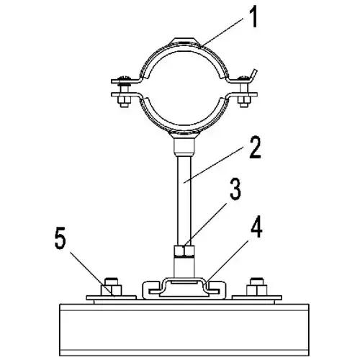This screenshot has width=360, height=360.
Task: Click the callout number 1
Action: pyautogui.click(x=253, y=17)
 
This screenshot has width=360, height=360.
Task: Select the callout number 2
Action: pyautogui.click(x=255, y=147)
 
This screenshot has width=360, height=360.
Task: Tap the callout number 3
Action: pyautogui.click(x=235, y=189)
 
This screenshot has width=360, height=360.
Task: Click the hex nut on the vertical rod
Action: pyautogui.click(x=184, y=251)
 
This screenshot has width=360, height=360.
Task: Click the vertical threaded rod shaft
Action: pyautogui.click(x=184, y=200)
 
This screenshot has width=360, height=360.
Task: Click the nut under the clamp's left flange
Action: pyautogui.click(x=124, y=102)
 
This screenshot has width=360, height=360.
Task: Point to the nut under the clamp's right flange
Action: pyautogui.click(x=244, y=102)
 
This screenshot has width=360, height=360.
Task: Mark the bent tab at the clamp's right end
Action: pyautogui.click(x=253, y=75)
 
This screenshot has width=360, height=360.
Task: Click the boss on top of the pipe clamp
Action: pyautogui.click(x=184, y=41)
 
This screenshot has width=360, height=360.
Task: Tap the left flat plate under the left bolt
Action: pyautogui.click(x=111, y=298)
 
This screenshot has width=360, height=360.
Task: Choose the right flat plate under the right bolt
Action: pyautogui.click(x=256, y=298)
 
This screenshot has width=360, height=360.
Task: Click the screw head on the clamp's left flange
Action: pyautogui.click(x=124, y=78)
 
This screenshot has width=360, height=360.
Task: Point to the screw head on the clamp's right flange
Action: pyautogui.click(x=244, y=78)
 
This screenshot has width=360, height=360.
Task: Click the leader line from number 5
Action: pyautogui.click(x=92, y=274)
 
